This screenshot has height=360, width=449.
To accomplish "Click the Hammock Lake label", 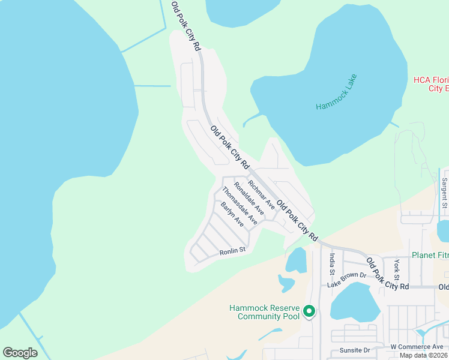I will tap(337, 92).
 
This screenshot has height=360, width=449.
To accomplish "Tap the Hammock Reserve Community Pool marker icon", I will tap(309, 311).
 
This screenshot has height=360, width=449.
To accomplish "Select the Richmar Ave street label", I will tap(261, 195).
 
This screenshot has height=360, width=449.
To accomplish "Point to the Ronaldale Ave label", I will tap(249, 198).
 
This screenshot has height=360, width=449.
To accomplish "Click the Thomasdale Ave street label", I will tap(240, 206).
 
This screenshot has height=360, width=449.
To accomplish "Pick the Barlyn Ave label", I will tap(232, 214).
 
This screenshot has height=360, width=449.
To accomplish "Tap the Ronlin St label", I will tap(233, 251).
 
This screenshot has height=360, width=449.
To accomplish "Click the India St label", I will tap(331, 264).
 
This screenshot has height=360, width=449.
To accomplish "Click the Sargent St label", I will tap(445, 193).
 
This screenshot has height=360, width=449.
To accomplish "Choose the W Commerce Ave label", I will tap(417, 347).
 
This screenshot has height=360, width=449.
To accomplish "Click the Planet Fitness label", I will tap(430, 255).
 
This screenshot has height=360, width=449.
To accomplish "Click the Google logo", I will tap(20, 352).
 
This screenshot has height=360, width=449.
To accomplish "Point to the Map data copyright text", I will tap(424, 355).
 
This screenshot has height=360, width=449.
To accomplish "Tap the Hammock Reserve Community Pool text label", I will tap(264, 312).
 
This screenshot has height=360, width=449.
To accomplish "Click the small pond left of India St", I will tap(296, 260).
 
